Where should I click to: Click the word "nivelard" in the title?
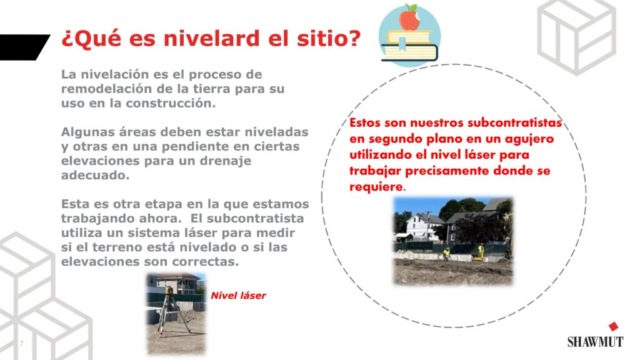tap(211, 38)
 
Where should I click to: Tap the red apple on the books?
tap(409, 19)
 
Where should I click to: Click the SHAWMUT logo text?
tap(595, 342)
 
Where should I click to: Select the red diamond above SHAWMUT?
tap(613, 326)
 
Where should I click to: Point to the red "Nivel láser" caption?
tap(238, 296)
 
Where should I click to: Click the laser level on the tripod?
tap(169, 290)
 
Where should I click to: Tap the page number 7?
tap(22, 343)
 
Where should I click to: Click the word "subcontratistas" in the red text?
tap(514, 123)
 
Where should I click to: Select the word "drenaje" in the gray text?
tap(225, 161)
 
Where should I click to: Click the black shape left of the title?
tap(23, 47)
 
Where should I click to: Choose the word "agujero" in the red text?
tap(529, 139)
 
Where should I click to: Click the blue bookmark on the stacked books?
tap(402, 44)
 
